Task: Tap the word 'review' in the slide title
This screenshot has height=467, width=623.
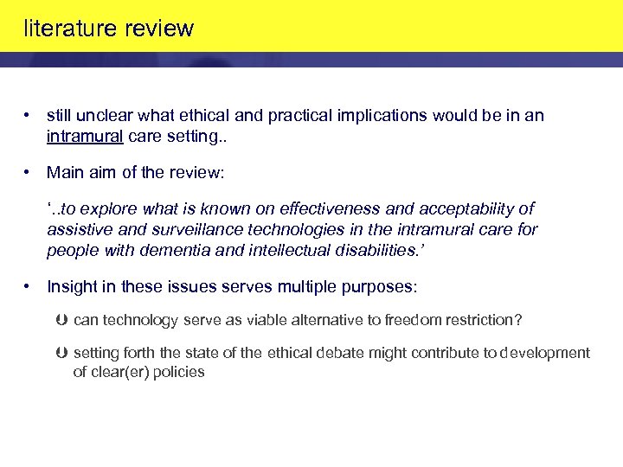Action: tap(159, 29)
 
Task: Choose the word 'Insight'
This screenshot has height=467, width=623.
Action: tap(71, 286)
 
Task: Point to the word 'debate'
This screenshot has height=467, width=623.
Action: tap(310, 353)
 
